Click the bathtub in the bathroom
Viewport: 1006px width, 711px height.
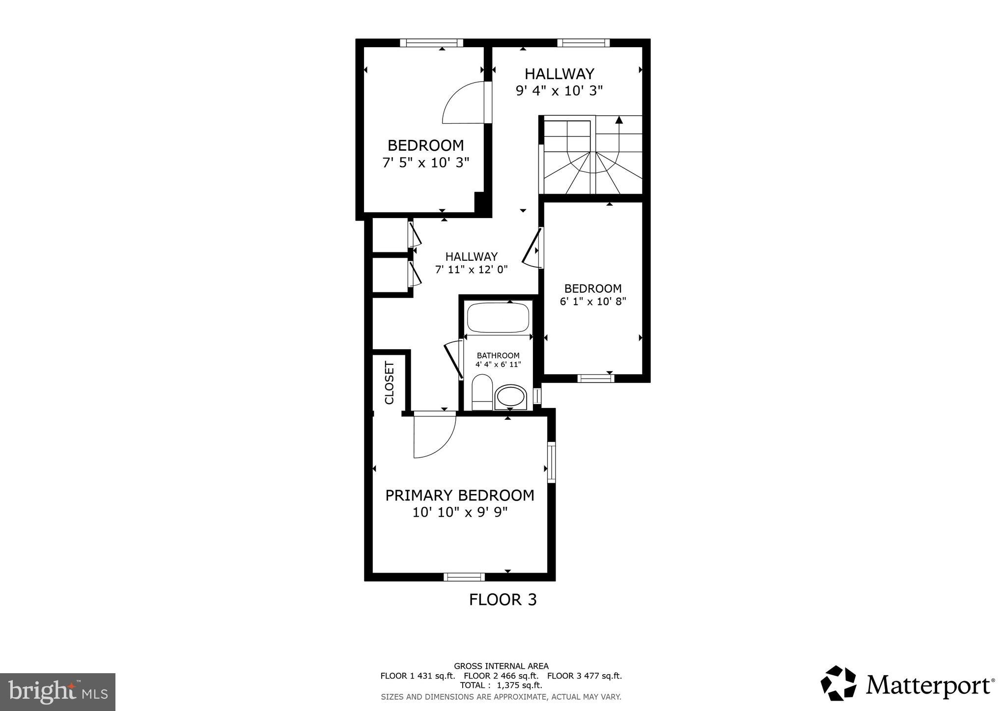pos(499,318)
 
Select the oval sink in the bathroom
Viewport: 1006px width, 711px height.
pos(510,397)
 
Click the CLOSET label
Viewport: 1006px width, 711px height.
pos(390,383)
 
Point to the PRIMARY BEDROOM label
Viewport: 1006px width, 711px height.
pos(459,495)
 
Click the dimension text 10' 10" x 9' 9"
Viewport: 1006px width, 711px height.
pos(459,513)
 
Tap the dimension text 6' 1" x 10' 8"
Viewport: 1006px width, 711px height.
pos(593,301)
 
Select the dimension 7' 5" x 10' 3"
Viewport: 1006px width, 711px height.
pos(426,163)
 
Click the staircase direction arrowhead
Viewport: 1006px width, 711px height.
pos(619,119)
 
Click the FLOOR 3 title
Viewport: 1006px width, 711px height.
pos(503,600)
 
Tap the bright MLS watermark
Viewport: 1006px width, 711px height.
pos(57,692)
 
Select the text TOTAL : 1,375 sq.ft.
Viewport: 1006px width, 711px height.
pos(501,685)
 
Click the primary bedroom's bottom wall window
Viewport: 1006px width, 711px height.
pos(464,577)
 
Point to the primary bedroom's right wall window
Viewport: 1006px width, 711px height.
pos(551,462)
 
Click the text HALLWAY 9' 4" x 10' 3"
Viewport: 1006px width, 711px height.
pos(559,82)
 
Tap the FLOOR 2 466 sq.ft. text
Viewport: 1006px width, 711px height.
pos(501,676)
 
